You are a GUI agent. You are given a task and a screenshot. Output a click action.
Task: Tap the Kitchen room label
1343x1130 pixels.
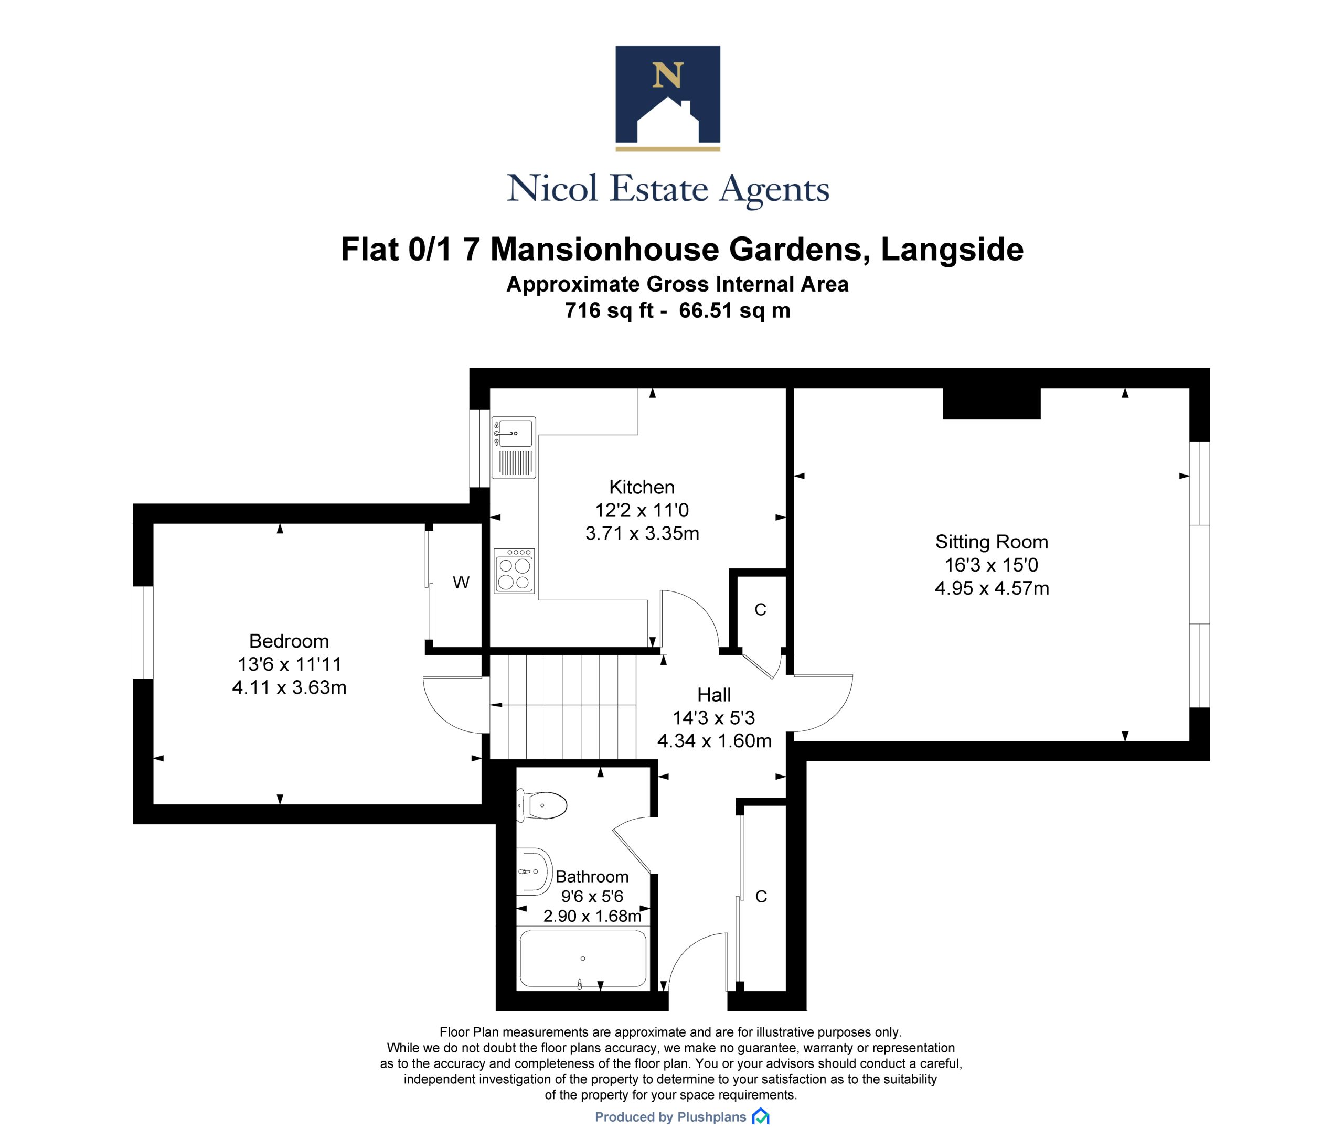pos(642,487)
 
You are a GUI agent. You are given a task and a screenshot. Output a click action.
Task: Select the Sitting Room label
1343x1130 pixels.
pos(991,542)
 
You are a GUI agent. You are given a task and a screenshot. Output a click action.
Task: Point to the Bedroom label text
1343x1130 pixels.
pos(289,641)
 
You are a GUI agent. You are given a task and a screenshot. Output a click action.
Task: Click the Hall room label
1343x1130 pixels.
pos(714,694)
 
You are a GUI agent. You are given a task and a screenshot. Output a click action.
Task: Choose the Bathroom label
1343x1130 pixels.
pos(592,876)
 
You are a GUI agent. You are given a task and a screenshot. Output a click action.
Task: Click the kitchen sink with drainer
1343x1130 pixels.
pos(513,448)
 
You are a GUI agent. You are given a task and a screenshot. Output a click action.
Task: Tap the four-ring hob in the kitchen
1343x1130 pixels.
pos(514,570)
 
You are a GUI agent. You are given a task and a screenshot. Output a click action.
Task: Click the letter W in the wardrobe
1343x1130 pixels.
pos(461,582)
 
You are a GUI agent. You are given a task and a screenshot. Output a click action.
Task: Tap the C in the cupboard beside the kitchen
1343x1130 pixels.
pos(761,610)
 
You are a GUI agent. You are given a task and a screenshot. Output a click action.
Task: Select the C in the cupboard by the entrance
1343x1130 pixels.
pos(761,897)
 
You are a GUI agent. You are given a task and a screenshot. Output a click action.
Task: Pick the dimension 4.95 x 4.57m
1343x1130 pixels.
pos(992,588)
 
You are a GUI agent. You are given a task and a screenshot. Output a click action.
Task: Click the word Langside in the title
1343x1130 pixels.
pos(953,249)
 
